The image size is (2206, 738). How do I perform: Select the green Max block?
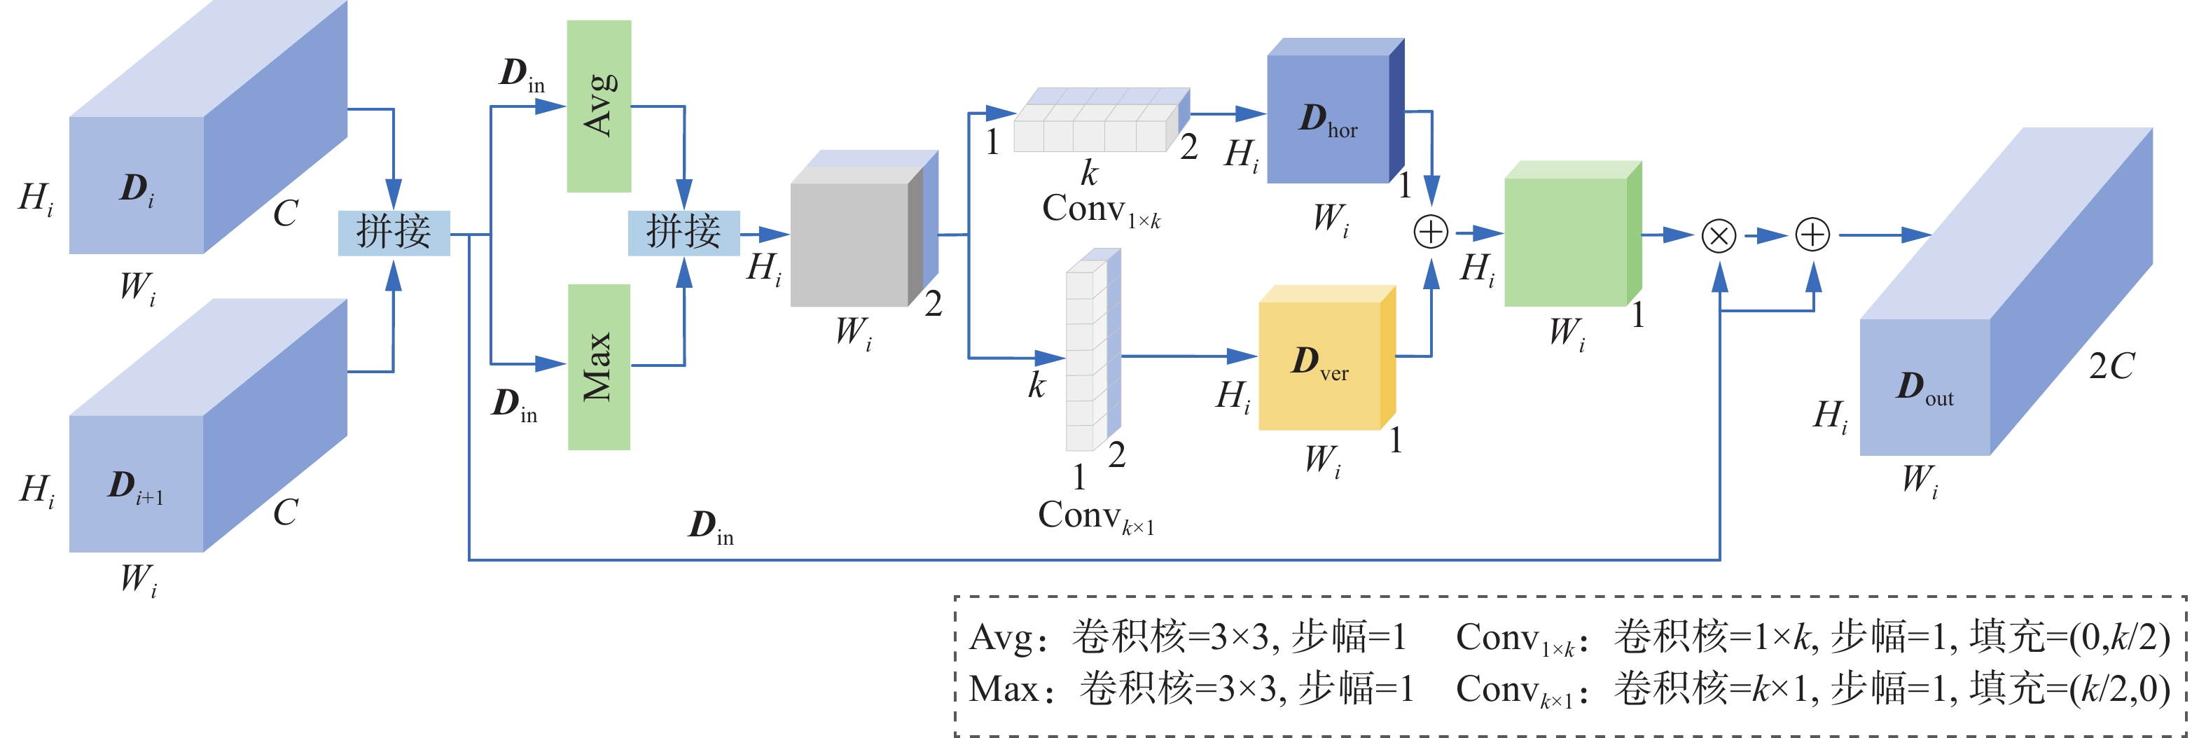click(x=599, y=366)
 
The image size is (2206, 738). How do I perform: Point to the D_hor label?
click(x=1327, y=120)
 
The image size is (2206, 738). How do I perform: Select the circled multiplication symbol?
click(x=1718, y=235)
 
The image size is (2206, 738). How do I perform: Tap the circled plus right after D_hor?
click(x=1430, y=232)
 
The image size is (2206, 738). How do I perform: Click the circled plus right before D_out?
click(x=1812, y=235)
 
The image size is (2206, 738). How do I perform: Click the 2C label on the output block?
click(x=2111, y=366)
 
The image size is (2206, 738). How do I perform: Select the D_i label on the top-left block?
click(x=137, y=189)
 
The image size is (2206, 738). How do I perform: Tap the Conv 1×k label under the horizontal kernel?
click(x=1100, y=211)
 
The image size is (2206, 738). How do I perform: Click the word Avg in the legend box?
click(x=999, y=638)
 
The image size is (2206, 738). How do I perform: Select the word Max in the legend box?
click(x=1002, y=689)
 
